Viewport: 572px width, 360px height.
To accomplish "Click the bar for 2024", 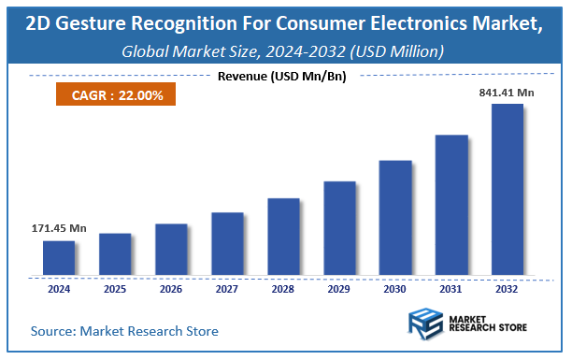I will click(x=58, y=258).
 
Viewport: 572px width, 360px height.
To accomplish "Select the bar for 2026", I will click(x=170, y=250).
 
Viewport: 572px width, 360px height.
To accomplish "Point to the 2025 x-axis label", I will click(x=114, y=289).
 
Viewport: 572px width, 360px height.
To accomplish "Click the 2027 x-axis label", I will click(x=226, y=289).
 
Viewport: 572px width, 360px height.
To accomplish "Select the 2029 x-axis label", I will click(x=338, y=289).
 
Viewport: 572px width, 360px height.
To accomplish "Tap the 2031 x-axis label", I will click(x=450, y=289).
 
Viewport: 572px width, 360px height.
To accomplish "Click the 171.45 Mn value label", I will click(x=59, y=228).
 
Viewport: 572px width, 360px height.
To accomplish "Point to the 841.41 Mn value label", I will click(x=508, y=92).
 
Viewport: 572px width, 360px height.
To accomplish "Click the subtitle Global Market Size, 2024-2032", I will click(x=283, y=50).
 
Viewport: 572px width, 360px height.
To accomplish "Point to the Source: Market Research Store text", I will click(x=124, y=331).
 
